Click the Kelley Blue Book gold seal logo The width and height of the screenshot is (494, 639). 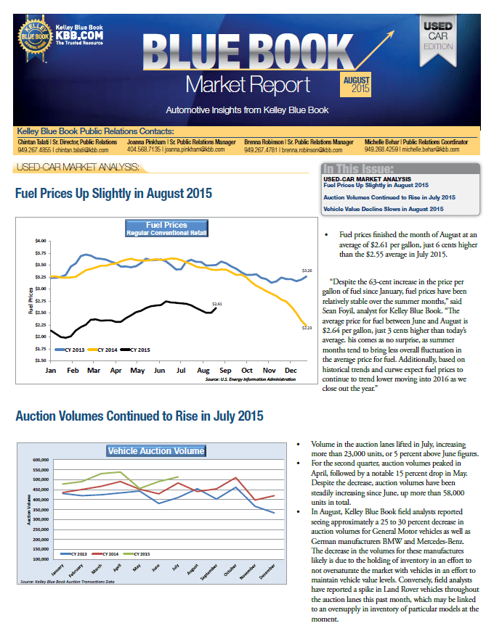[36, 38]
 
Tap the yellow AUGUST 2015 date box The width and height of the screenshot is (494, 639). [356, 84]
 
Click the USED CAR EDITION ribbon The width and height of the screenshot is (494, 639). [438, 41]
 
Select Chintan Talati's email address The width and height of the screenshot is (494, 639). [82, 150]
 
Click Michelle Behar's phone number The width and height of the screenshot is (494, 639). [381, 149]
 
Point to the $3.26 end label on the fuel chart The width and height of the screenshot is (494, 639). [307, 271]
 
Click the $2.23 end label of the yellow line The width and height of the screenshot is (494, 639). [307, 328]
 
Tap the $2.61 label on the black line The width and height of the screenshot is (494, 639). [217, 304]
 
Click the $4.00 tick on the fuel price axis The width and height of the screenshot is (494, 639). [41, 241]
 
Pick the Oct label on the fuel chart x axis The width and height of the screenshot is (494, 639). [246, 371]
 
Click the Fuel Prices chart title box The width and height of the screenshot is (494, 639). [166, 228]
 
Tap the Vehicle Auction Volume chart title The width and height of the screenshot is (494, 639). [156, 450]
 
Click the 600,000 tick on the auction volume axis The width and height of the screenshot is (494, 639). [41, 460]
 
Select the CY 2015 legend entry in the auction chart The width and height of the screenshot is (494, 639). [137, 554]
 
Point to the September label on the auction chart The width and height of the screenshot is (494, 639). [209, 572]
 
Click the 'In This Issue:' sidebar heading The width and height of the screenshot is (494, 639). [358, 169]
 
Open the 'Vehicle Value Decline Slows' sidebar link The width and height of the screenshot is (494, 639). [384, 209]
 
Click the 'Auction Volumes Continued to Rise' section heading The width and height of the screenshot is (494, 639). [139, 416]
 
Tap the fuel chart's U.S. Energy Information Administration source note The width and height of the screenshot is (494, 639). [251, 379]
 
